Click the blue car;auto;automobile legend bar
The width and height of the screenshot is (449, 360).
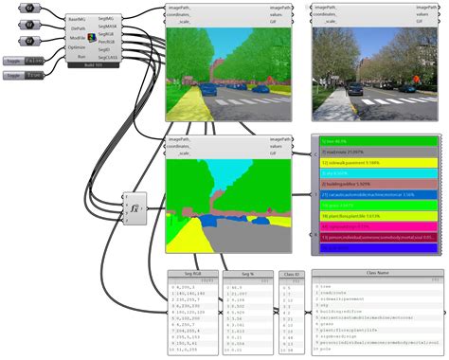pyautogui.click(x=376, y=193)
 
